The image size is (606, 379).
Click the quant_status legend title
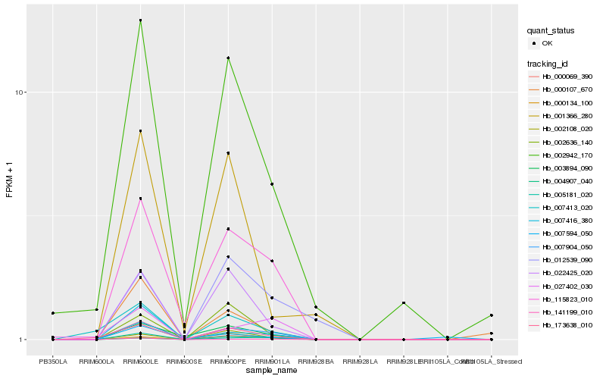(x=551, y=30)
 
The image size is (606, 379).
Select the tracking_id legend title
(x=550, y=64)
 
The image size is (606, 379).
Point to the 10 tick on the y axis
(x=21, y=92)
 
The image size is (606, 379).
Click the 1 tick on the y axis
(x=23, y=340)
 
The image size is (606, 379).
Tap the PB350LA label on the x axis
(x=53, y=362)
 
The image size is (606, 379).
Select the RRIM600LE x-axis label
(x=140, y=362)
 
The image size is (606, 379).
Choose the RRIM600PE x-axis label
(x=228, y=362)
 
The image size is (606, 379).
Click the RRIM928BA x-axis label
(x=316, y=362)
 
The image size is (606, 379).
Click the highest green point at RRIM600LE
(x=140, y=20)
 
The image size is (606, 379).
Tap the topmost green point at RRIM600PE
(x=228, y=58)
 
